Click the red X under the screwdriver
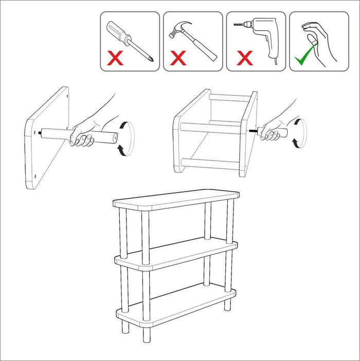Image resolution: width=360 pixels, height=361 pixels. [115, 58]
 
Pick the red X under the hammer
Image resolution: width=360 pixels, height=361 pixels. [178, 58]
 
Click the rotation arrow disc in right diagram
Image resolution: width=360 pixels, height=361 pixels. [299, 133]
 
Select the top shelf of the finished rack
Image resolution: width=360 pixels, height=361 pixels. [176, 199]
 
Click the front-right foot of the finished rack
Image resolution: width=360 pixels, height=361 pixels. [146, 334]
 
